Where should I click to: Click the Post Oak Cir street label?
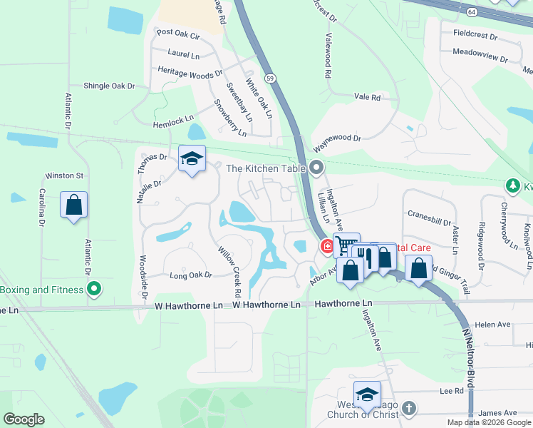coord(177,33)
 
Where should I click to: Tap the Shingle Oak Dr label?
coord(109,86)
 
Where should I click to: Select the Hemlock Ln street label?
coord(173,123)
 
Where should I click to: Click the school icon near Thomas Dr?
coord(192,159)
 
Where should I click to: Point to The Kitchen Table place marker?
coord(317,169)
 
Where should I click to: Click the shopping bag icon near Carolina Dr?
coord(74,205)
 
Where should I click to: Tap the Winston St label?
coord(65,175)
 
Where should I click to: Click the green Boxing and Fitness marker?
coord(93,290)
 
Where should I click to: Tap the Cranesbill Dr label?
coord(430,213)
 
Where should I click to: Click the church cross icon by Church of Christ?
coord(408,408)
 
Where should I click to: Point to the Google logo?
coord(24,419)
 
